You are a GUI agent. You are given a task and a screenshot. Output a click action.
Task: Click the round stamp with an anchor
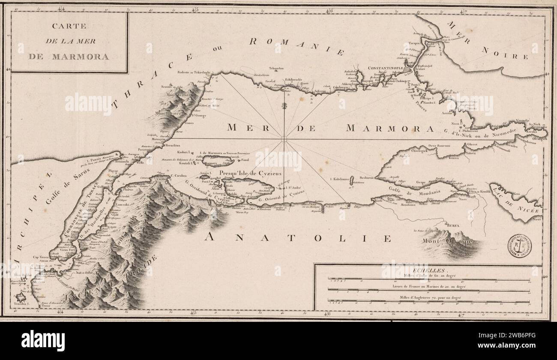pos(519,246)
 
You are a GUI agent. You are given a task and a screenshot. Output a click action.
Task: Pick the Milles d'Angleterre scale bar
pos(428,301)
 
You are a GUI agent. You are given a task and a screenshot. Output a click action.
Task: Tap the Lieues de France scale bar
pos(428,290)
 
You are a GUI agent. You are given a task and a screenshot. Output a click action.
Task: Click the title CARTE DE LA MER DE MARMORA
pos(69,41)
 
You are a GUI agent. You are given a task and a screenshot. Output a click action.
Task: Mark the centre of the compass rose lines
pos(284,138)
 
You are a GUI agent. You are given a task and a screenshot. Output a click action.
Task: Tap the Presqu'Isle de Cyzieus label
pos(244,173)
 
